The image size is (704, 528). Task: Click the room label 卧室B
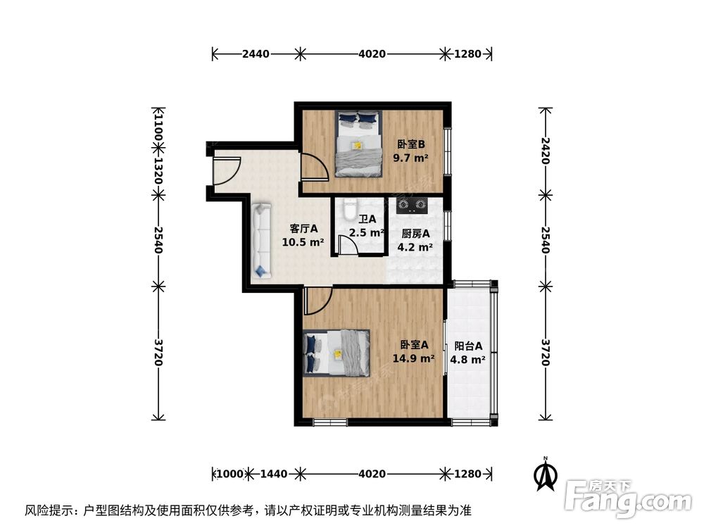[x=411, y=145]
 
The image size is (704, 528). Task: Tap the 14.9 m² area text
[x=413, y=358]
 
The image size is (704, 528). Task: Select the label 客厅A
[x=303, y=229]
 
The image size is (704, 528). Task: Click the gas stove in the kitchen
[x=412, y=206]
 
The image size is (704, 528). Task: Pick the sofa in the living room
[x=261, y=239]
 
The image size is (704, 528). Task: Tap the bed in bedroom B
[x=357, y=143]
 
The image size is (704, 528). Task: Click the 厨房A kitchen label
[x=415, y=234]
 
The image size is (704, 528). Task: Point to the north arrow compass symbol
[x=543, y=474]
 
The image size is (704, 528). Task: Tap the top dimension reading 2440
[x=256, y=54]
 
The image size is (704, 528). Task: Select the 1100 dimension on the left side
[x=158, y=130]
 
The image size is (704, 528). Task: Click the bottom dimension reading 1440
[x=273, y=474]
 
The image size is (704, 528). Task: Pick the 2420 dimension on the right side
[x=544, y=151]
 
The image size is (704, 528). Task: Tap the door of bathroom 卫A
[x=348, y=244]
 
